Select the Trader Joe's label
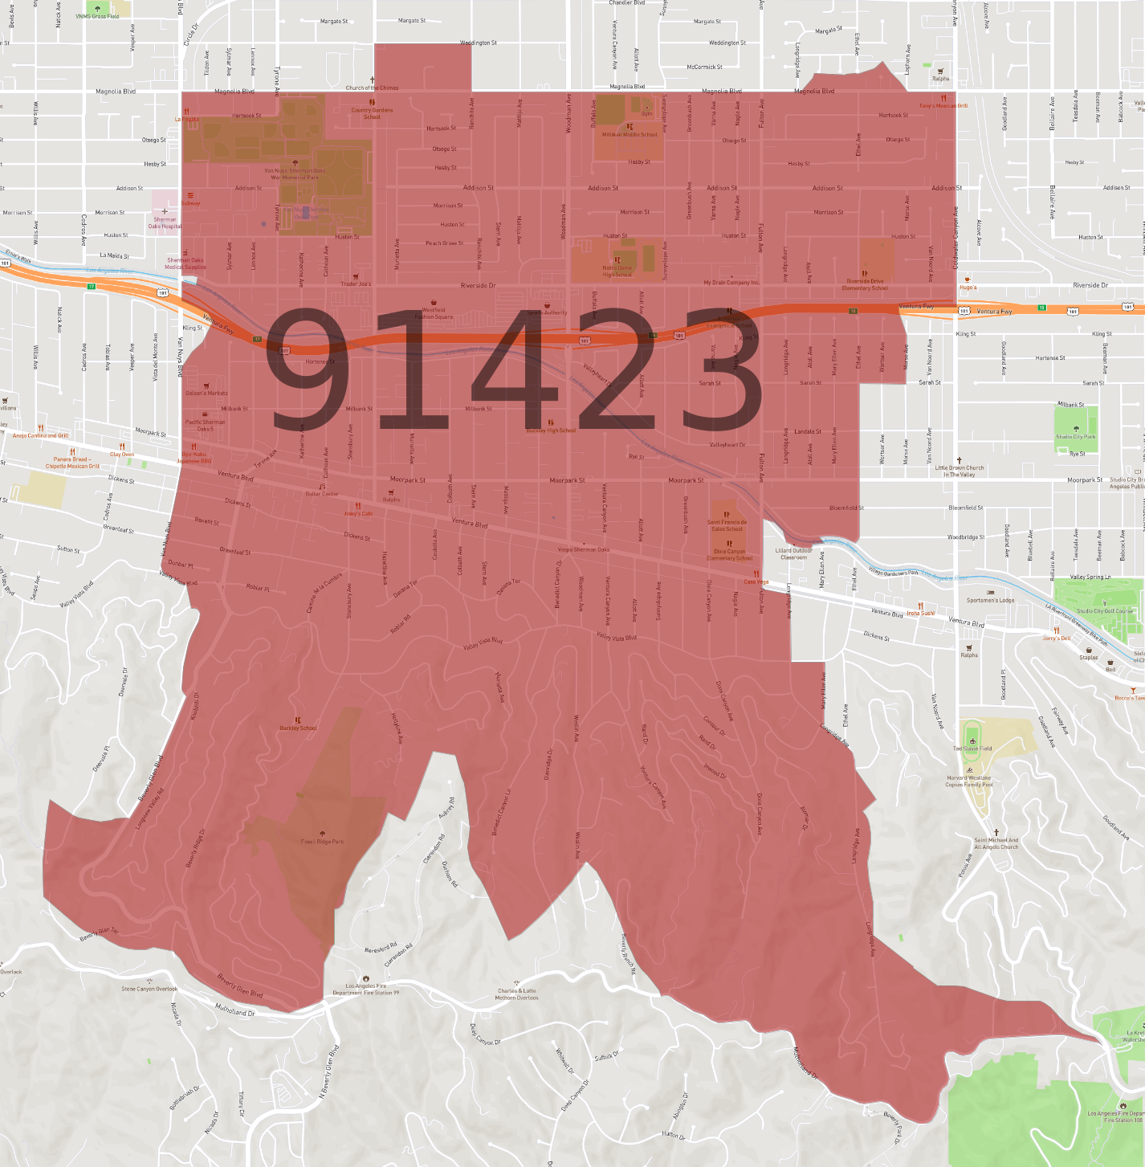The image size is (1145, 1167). pos(356,284)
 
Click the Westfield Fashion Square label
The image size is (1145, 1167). pos(434,313)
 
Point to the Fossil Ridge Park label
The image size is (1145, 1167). pos(322,841)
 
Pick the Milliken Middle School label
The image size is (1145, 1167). pos(630,134)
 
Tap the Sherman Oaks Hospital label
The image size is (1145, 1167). pos(165,222)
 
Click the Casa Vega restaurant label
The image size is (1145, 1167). pos(756,581)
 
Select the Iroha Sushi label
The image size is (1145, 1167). pos(920,613)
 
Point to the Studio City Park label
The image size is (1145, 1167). pos(1075,436)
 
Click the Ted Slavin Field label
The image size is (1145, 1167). pos(972,748)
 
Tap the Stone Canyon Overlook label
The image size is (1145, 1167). pos(149,989)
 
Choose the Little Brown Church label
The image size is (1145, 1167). pos(959,471)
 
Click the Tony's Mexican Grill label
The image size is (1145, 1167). pos(943,105)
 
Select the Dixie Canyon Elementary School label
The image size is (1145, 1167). pos(729,554)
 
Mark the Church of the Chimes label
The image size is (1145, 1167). pos(372,88)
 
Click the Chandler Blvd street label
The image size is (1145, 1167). pos(626,3)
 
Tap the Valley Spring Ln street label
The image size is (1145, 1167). pos(1090,577)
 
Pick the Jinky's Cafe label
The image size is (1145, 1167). pos(358,513)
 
